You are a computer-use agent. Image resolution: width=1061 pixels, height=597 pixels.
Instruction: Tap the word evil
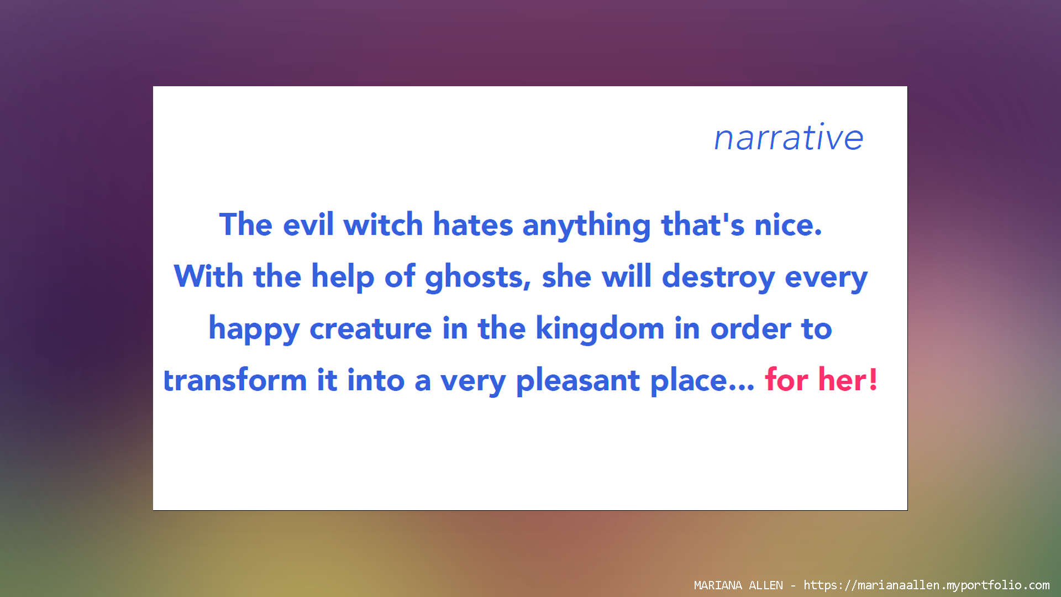coord(308,224)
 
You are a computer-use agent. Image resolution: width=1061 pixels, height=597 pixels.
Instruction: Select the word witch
coord(383,224)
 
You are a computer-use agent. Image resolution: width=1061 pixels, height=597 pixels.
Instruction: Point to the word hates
coord(472,224)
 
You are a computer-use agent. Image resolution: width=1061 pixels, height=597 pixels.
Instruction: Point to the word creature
coord(371,329)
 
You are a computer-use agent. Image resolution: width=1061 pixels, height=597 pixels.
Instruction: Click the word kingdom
coord(600,329)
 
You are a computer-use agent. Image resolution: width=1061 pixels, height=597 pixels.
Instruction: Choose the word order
coord(750,328)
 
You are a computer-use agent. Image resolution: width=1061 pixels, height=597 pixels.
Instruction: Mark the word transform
coord(235,380)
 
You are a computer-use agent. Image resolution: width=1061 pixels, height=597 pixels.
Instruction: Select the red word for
coord(786,380)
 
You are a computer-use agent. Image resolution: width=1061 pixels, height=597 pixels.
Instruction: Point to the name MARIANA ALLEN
coord(738,585)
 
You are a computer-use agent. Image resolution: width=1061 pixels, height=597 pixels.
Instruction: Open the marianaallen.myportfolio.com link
coord(927,585)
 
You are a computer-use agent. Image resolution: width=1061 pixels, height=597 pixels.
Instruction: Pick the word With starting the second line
coord(209,276)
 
